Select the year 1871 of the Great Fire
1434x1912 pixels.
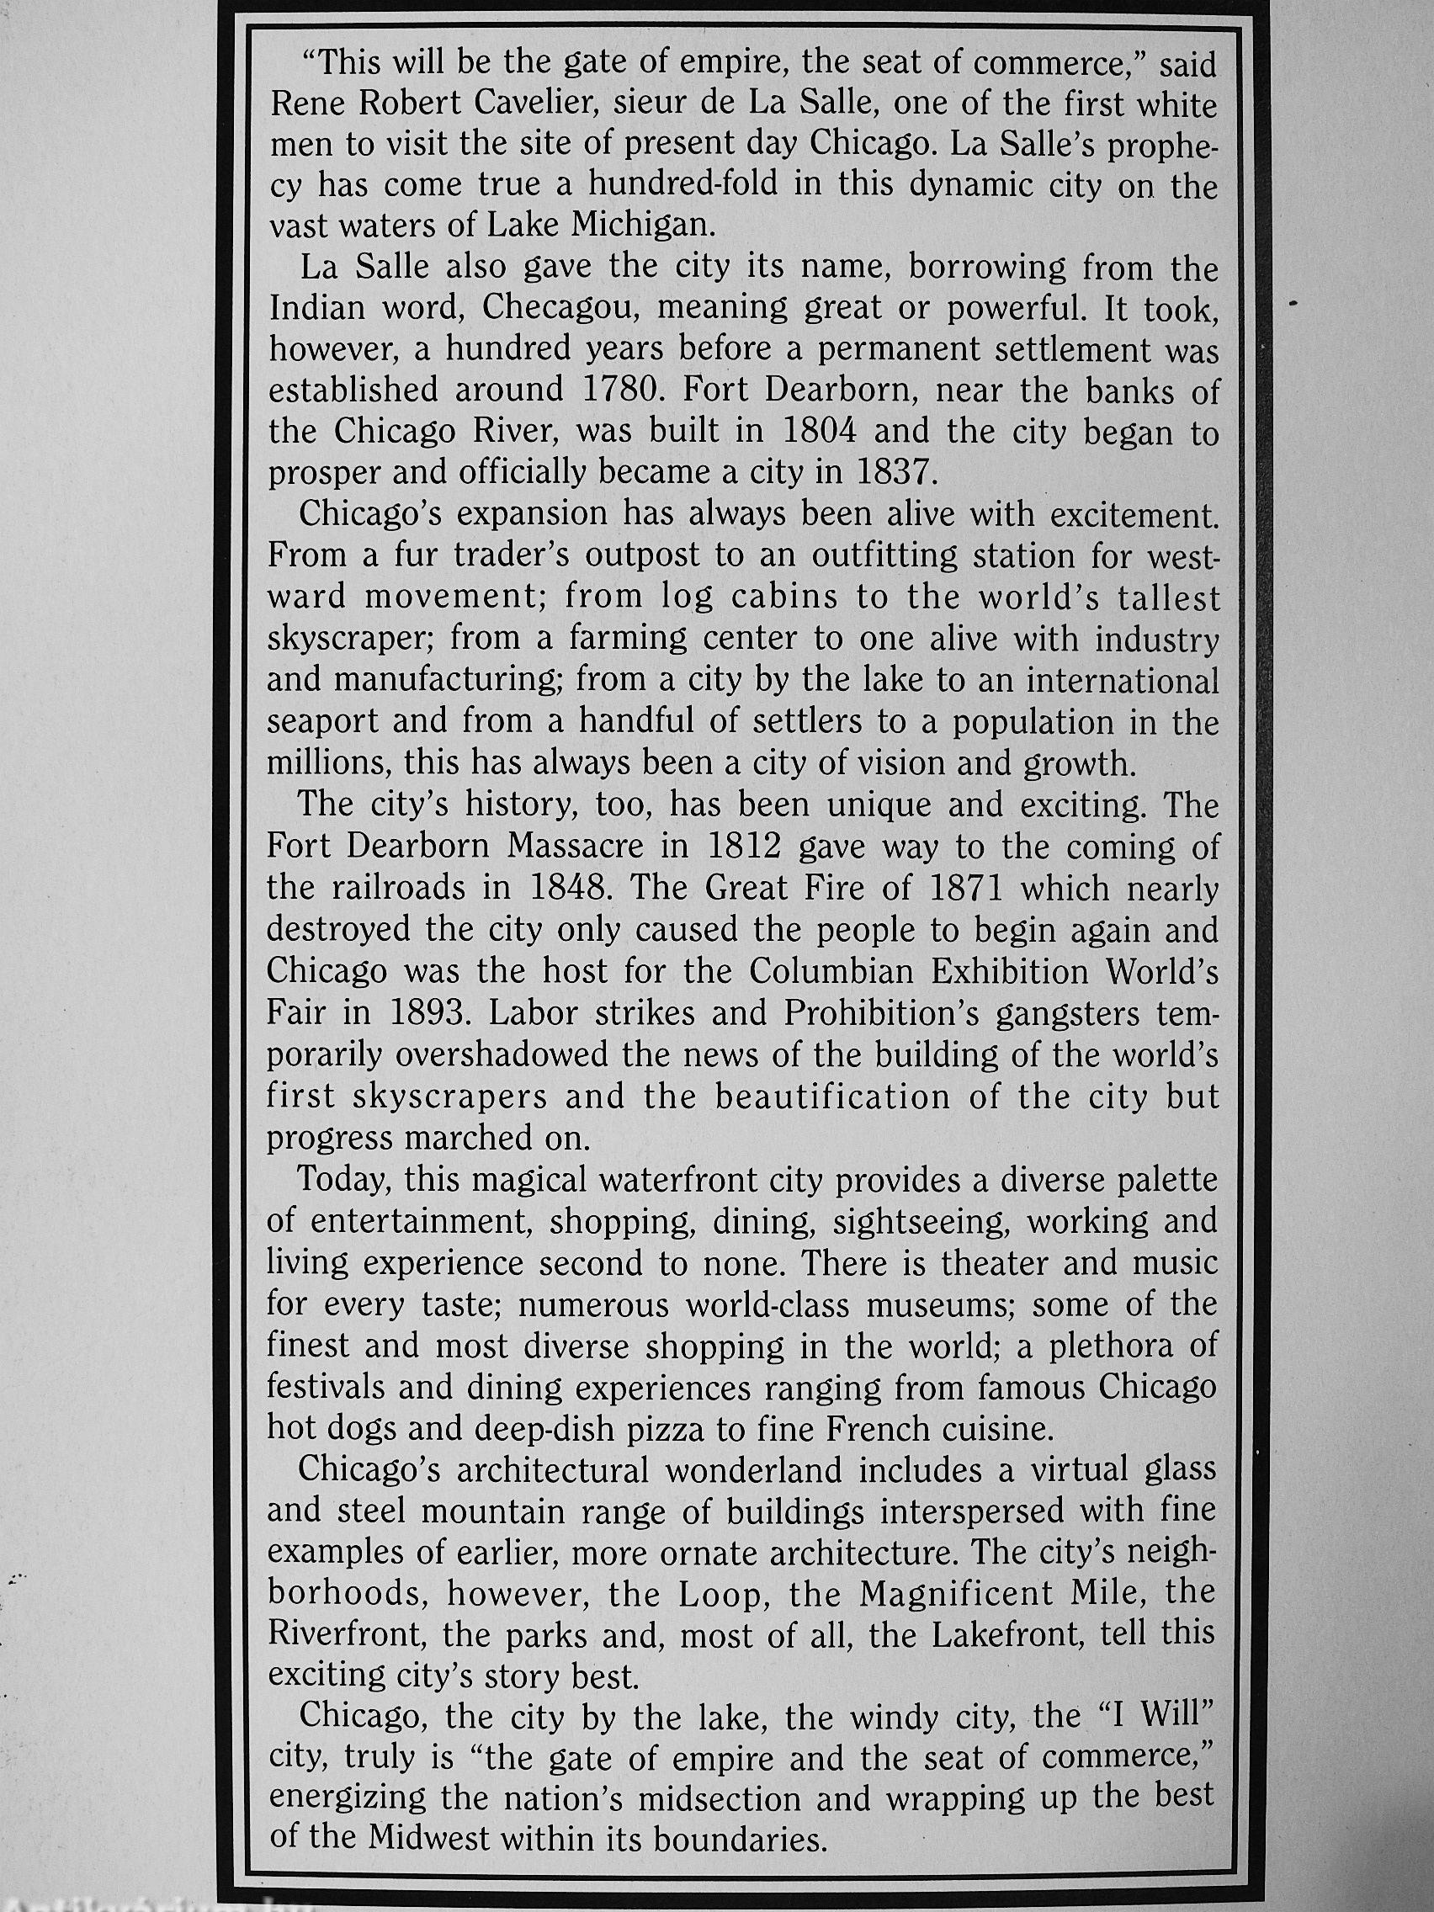tap(964, 888)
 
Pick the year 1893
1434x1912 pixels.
tap(428, 1013)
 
